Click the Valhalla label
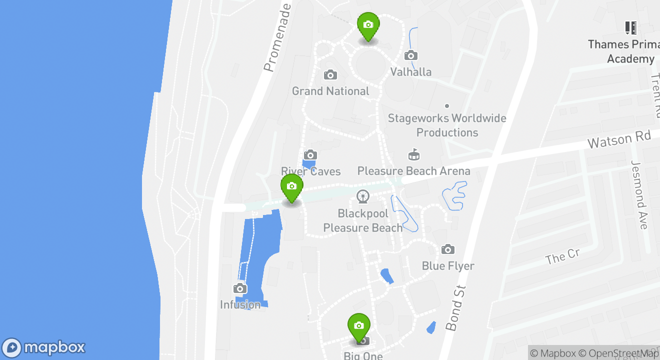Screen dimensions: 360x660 pos(410,71)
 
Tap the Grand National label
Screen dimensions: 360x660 pos(330,91)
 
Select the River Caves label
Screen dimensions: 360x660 pos(310,171)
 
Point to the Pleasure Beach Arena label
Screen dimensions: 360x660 pos(413,171)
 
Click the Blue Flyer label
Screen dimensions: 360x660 pos(448,265)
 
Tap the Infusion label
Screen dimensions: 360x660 pos(240,304)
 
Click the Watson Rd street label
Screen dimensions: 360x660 pos(619,139)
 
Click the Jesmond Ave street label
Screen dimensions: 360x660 pos(639,195)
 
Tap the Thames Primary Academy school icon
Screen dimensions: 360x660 pos(631,27)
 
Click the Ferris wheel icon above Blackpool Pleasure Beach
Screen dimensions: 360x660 pos(363,197)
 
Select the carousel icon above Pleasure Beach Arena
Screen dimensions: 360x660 pos(413,154)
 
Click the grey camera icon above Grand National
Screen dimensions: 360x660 pos(330,75)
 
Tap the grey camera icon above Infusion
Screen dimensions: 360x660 pos(240,288)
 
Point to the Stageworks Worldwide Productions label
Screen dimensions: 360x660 pos(447,125)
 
